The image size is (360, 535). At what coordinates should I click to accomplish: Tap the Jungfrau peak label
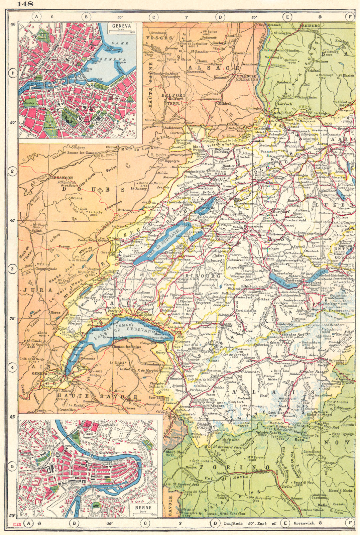pyautogui.click(x=299, y=314)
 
